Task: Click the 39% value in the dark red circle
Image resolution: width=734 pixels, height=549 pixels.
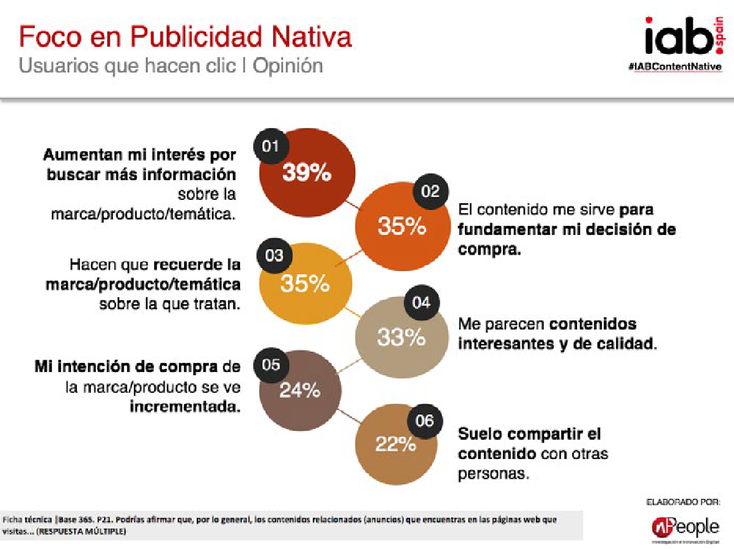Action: pyautogui.click(x=307, y=173)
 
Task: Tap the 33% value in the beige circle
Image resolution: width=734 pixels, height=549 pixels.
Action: pyautogui.click(x=401, y=338)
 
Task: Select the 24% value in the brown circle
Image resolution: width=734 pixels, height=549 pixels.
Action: pyautogui.click(x=300, y=391)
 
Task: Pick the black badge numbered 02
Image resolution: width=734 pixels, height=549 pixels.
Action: pyautogui.click(x=430, y=192)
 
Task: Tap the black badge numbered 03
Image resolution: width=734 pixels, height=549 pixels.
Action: pyautogui.click(x=274, y=256)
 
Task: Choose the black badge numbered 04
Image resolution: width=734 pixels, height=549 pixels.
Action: pyautogui.click(x=421, y=302)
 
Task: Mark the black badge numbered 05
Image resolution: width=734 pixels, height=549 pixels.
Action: pyautogui.click(x=271, y=365)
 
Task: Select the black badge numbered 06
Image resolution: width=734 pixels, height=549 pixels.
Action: pyautogui.click(x=424, y=420)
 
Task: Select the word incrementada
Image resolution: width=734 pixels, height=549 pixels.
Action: pyautogui.click(x=185, y=406)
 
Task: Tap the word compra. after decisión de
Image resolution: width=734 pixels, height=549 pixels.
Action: pyautogui.click(x=489, y=249)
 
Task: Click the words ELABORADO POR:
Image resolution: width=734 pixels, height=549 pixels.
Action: pyautogui.click(x=683, y=502)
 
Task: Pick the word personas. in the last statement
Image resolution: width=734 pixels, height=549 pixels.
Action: pyautogui.click(x=493, y=473)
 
